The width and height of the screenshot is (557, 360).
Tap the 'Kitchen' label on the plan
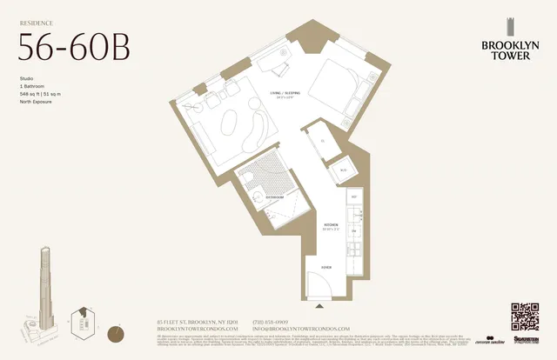(x=331, y=226)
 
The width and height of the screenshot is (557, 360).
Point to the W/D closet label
(x=343, y=169)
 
